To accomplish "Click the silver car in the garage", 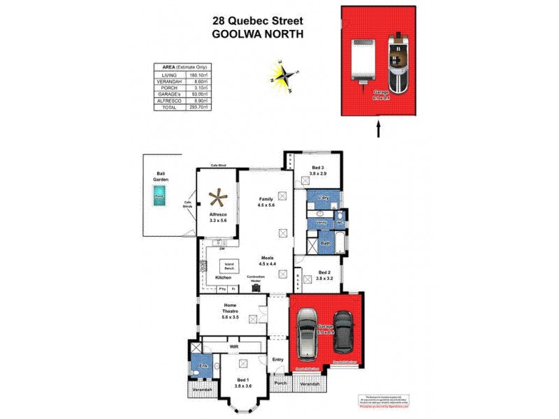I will pyautogui.click(x=308, y=333).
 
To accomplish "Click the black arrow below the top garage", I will pyautogui.click(x=379, y=129).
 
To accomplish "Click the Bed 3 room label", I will pyautogui.click(x=318, y=168).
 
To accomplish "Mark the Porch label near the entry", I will pyautogui.click(x=280, y=383).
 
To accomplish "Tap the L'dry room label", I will pyautogui.click(x=323, y=198).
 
